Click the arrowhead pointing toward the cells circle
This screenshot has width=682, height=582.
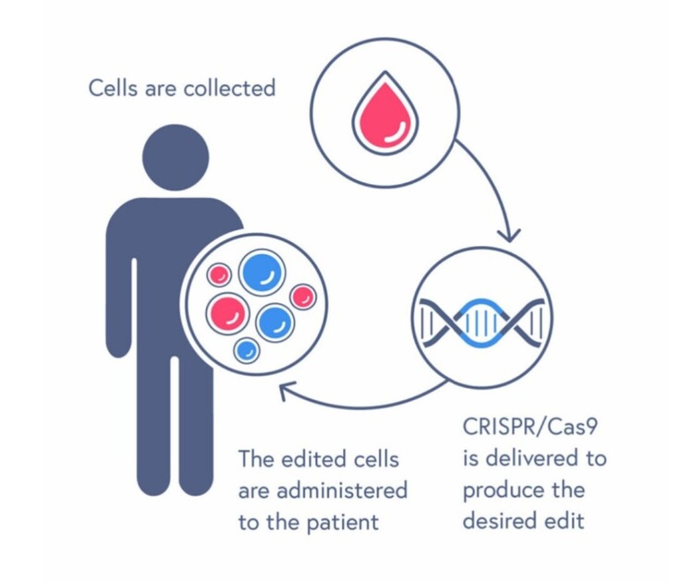tap(285, 391)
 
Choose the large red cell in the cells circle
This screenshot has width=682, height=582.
tap(227, 314)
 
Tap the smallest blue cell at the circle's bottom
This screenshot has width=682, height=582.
tap(247, 350)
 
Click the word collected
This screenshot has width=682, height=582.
tap(230, 88)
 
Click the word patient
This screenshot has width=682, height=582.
tap(343, 521)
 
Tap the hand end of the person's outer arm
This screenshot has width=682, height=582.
tap(119, 347)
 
